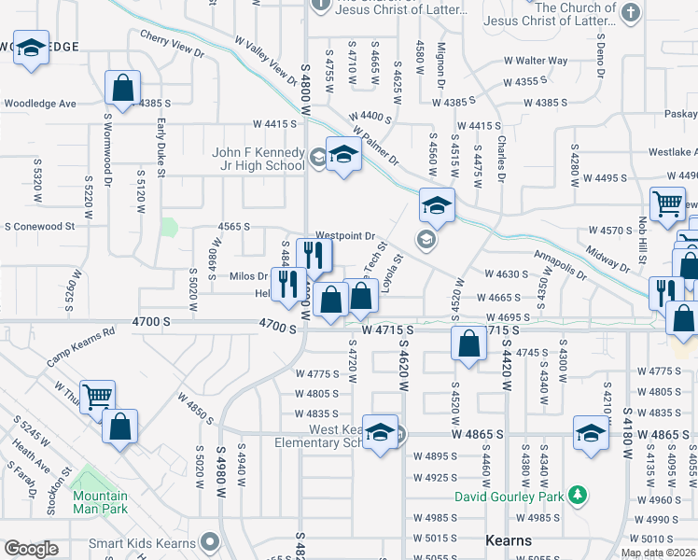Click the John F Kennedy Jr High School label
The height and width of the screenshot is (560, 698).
[258, 159]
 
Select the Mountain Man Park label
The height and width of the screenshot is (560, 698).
[100, 502]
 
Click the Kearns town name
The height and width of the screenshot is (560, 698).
[510, 540]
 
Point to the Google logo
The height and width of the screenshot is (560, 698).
[31, 549]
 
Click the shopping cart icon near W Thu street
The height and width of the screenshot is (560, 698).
[97, 398]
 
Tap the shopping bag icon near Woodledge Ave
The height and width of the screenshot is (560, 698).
[122, 89]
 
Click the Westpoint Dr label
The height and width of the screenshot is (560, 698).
[345, 236]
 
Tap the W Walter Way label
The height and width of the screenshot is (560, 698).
[535, 61]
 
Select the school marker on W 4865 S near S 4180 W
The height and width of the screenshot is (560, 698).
[590, 433]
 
